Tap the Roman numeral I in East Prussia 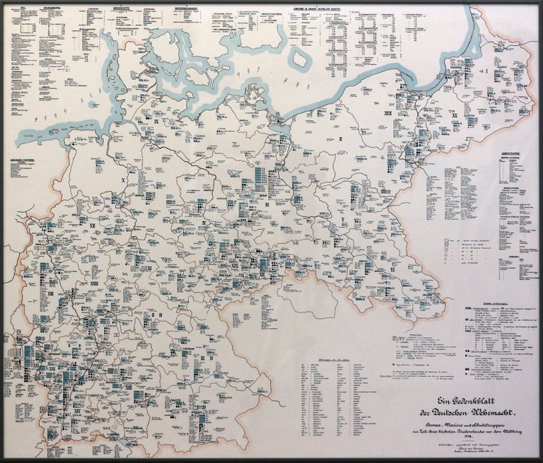[486, 73]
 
